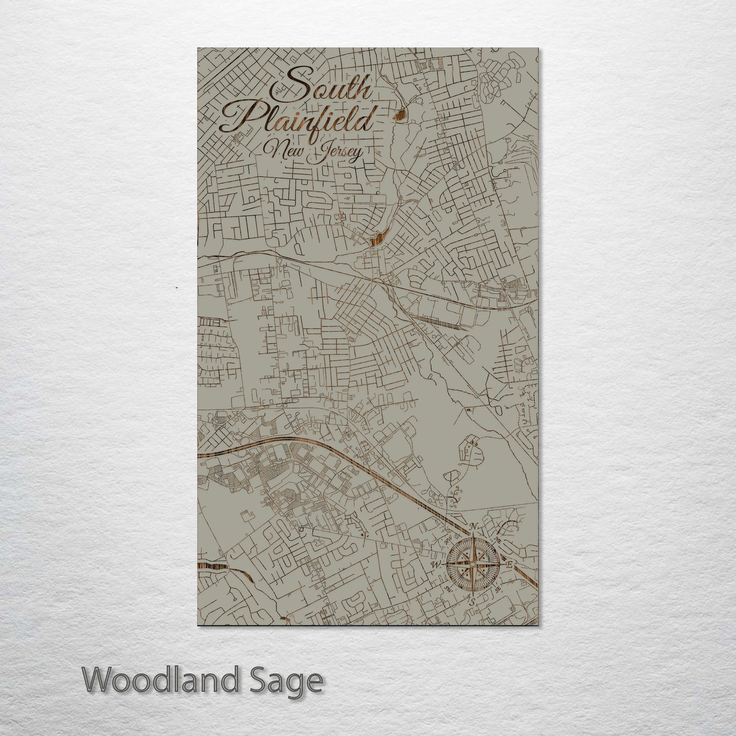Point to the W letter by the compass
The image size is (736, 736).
(436, 565)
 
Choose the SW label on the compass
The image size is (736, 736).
(448, 589)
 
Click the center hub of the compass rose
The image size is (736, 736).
(473, 565)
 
